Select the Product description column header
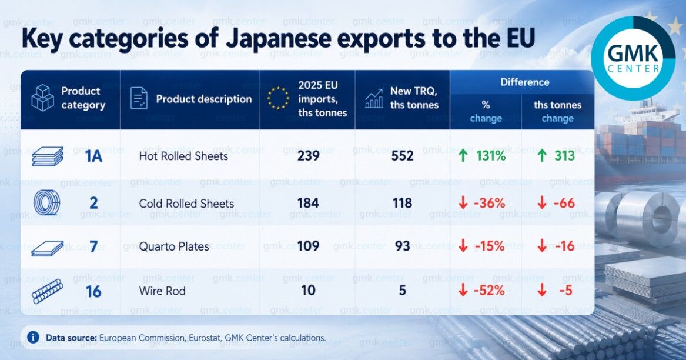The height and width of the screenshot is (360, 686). pos(204,99)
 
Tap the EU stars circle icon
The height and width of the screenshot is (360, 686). pos(278,98)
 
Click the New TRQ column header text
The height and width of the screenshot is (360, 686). pos(414,98)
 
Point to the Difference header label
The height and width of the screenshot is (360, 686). pos(524,82)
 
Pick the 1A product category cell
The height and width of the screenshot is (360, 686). pos(93,156)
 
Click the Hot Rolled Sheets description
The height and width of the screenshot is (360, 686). pos(183,156)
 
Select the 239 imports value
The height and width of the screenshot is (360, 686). pos(309,155)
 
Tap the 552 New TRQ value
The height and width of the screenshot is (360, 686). pos(403,155)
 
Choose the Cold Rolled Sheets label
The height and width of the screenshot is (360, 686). pos(186,204)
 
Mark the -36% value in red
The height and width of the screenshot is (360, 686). pos(489,203)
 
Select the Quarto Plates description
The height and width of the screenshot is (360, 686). pos(174,246)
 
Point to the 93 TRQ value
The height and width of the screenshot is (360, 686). pos(403,246)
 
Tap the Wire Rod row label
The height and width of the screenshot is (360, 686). pos(162,291)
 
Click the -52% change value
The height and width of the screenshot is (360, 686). pos(489,290)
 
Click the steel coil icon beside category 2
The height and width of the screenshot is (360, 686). pos(47,203)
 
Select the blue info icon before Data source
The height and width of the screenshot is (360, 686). pos(33,337)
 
